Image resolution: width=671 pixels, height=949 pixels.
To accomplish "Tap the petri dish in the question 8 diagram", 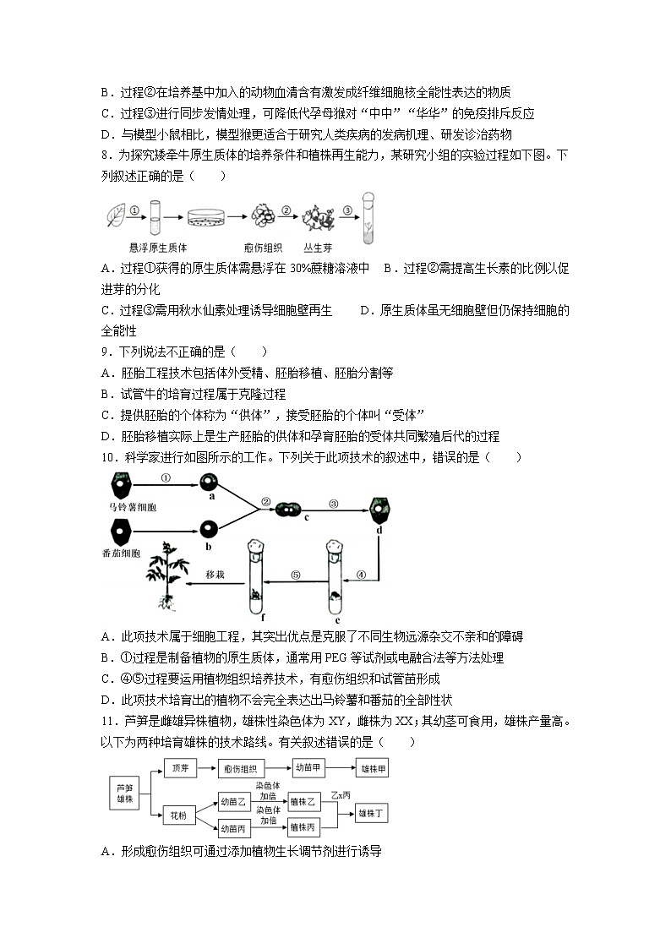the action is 209,219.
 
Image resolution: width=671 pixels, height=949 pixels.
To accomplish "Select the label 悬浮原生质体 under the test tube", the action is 158,247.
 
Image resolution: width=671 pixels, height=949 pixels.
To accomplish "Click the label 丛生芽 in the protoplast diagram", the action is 316,247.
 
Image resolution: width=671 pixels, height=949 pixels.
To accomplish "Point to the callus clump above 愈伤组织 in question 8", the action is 262,216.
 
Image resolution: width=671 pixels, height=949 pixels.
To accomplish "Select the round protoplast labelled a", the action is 209,483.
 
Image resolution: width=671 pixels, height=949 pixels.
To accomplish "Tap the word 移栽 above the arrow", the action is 216,575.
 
